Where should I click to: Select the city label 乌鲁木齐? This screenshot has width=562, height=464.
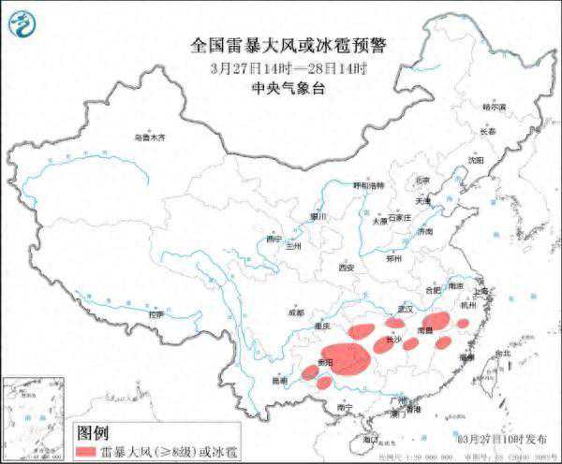[x=148, y=138]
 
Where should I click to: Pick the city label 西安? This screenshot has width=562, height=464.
[x=348, y=268]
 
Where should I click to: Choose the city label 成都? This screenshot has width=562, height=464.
[x=296, y=313]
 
